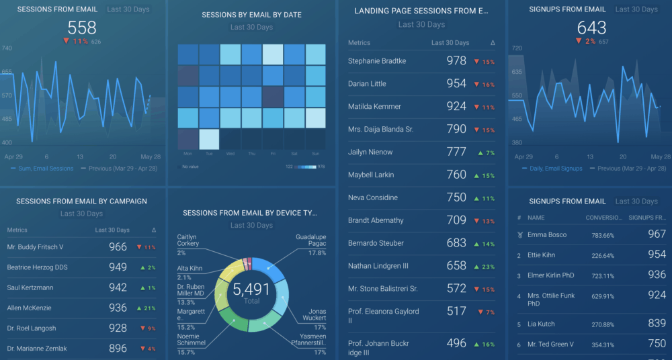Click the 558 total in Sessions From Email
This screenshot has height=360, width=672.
(x=82, y=28)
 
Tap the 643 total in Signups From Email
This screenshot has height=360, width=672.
(x=591, y=28)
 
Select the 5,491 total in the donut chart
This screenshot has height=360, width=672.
(x=251, y=289)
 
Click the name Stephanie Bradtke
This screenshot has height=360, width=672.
(x=377, y=61)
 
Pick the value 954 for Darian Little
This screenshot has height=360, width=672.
(x=456, y=84)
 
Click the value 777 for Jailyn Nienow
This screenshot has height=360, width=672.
(x=456, y=152)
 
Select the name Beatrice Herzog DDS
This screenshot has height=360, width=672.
(x=38, y=267)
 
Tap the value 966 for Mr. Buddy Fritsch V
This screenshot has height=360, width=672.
(x=118, y=247)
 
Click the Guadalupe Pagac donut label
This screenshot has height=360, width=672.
(x=310, y=240)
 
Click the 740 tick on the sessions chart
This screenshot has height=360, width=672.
(x=7, y=48)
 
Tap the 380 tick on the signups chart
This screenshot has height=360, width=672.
(x=517, y=142)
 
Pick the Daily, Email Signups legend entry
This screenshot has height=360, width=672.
(x=555, y=169)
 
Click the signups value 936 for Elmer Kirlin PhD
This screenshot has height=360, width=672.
(x=657, y=275)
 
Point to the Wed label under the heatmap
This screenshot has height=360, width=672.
(x=230, y=154)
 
